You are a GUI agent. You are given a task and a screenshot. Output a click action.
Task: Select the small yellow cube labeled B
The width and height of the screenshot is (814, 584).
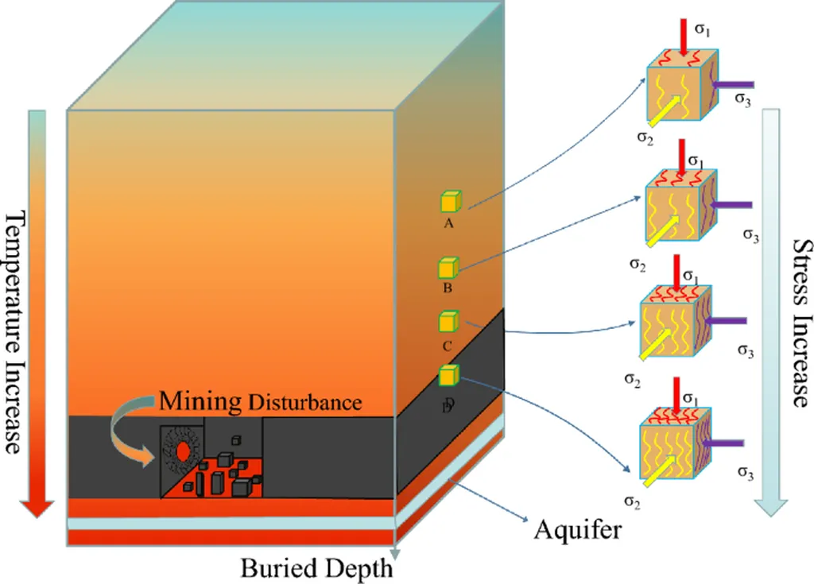click(449, 268)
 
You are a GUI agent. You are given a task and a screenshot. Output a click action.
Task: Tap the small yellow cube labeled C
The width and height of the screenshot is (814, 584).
click(449, 322)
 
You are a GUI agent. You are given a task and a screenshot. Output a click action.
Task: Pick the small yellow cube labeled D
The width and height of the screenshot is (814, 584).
click(449, 374)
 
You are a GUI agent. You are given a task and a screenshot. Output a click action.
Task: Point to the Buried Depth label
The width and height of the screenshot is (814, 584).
click(316, 568)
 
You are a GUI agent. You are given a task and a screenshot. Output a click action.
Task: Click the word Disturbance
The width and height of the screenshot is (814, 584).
click(304, 402)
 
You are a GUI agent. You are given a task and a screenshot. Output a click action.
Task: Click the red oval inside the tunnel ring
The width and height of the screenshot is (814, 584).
click(183, 451)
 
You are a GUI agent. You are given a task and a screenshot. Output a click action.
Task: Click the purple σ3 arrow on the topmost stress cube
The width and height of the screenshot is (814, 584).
click(732, 83)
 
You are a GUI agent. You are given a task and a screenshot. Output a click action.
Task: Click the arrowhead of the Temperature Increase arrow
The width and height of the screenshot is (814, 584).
click(36, 508)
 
